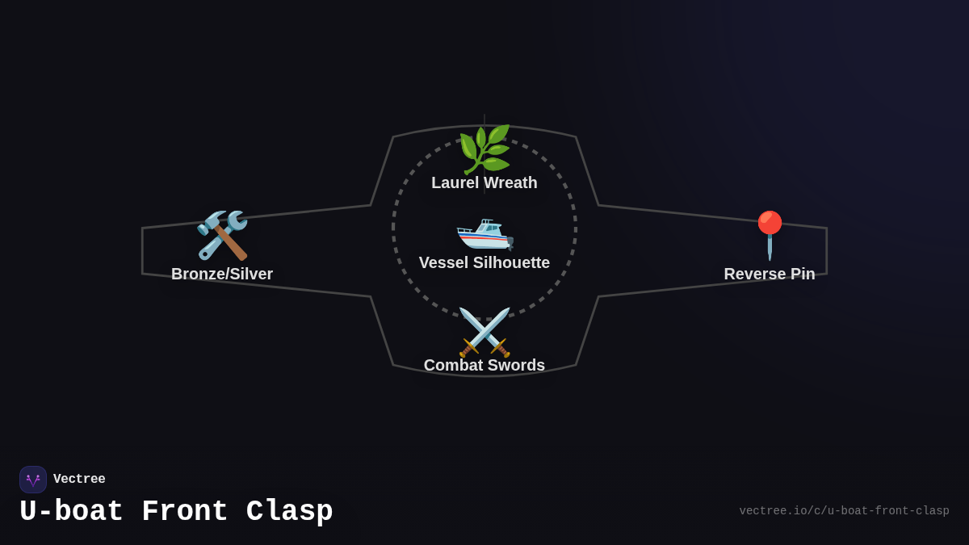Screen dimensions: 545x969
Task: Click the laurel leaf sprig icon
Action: click(x=484, y=149)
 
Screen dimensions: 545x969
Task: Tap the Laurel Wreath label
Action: click(x=484, y=183)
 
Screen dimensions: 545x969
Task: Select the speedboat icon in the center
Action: click(x=484, y=233)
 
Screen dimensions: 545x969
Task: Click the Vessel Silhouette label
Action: click(x=484, y=263)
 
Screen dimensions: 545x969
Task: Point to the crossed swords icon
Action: click(x=484, y=332)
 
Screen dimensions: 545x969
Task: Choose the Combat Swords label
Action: click(x=484, y=366)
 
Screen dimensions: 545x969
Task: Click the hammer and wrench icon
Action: click(x=222, y=235)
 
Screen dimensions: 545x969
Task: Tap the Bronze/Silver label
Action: click(x=222, y=275)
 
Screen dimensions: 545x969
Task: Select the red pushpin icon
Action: click(x=770, y=235)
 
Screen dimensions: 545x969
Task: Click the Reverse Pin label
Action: click(x=770, y=275)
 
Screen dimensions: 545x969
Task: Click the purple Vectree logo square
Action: click(x=33, y=480)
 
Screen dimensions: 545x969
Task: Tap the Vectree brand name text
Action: click(x=79, y=480)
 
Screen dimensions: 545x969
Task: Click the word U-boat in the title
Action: click(x=72, y=512)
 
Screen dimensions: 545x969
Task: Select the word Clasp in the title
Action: click(x=290, y=512)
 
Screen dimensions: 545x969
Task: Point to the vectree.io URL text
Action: click(x=844, y=511)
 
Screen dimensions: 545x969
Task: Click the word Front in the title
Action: click(x=185, y=512)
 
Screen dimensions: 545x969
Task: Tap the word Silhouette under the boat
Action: click(x=511, y=263)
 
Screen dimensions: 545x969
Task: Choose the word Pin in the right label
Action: click(x=801, y=275)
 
